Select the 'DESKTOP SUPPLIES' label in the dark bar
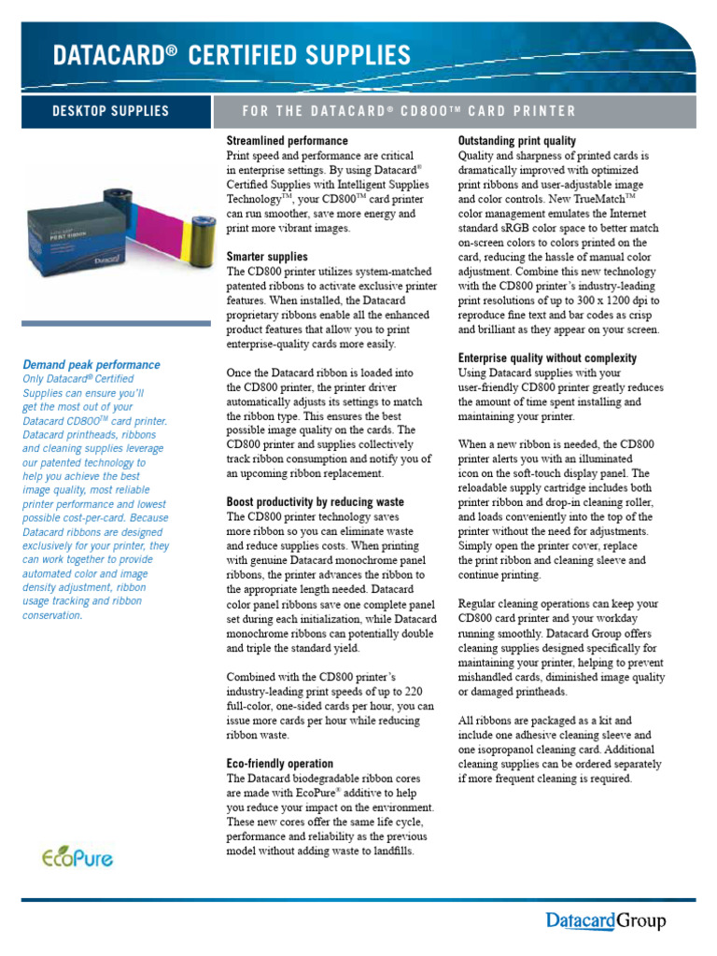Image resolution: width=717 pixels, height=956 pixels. [110, 111]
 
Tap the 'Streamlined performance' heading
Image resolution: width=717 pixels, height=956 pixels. [288, 141]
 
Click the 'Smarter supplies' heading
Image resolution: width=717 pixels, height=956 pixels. [267, 257]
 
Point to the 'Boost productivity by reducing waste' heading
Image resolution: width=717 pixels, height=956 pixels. [316, 502]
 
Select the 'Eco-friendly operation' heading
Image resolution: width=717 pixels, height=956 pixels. [280, 764]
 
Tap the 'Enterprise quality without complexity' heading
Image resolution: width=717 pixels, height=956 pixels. [547, 358]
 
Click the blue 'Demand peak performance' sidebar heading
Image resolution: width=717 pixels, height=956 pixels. [91, 365]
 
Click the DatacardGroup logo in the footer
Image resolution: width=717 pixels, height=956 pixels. [606, 922]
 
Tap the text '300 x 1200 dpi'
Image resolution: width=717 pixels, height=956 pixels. [607, 301]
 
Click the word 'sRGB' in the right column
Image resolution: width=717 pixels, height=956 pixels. [523, 229]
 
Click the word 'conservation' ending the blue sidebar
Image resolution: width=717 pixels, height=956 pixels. [51, 615]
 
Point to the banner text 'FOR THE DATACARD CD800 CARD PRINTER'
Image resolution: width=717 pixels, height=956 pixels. [409, 111]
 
